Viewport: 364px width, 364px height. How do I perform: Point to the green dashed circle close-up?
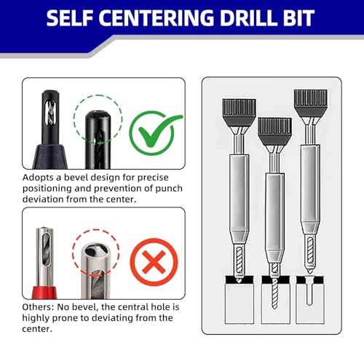(x=98, y=127)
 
